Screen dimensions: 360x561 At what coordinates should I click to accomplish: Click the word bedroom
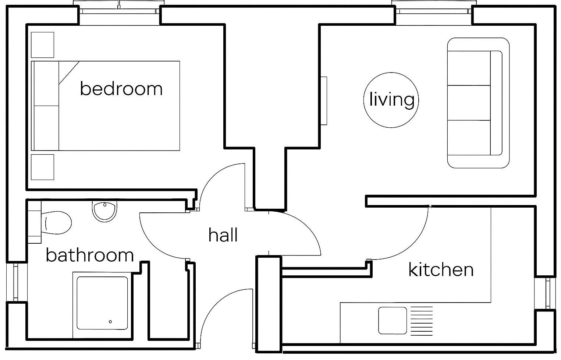tap(121, 89)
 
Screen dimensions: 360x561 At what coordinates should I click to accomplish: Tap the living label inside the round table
tap(391, 100)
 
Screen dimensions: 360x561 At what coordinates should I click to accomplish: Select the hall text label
tap(223, 235)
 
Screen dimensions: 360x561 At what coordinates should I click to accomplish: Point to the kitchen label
tap(441, 269)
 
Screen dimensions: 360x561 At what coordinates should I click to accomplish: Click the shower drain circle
tap(110, 322)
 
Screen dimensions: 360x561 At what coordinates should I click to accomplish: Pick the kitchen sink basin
tap(393, 320)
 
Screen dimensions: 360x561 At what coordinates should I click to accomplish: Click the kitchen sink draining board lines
tap(422, 320)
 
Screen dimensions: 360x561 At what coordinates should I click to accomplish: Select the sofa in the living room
tap(478, 103)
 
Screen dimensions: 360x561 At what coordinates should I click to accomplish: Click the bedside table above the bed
tap(42, 45)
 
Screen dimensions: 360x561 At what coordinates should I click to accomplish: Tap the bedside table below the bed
tap(42, 167)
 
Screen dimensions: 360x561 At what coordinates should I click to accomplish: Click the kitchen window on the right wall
tap(548, 293)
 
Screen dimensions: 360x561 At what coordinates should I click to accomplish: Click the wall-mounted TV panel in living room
tap(324, 101)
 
